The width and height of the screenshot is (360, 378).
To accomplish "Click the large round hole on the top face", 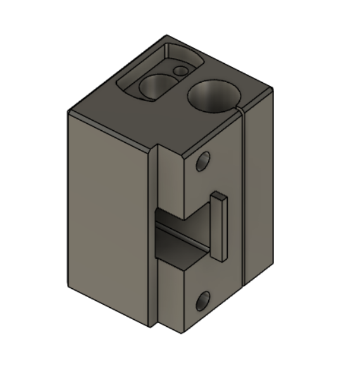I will tap(213, 97).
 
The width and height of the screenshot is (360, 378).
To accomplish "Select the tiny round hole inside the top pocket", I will tap(182, 71).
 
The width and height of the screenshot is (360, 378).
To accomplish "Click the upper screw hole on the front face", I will tap(203, 162).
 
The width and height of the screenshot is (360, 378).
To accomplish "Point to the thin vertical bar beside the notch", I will tap(219, 227).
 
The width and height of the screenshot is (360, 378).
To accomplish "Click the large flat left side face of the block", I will tap(108, 215).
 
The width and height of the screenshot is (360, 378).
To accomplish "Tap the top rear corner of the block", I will tap(167, 35).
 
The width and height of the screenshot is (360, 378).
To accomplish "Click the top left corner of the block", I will tap(69, 112).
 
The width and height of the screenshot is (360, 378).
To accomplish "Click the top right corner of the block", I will tap(273, 89).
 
